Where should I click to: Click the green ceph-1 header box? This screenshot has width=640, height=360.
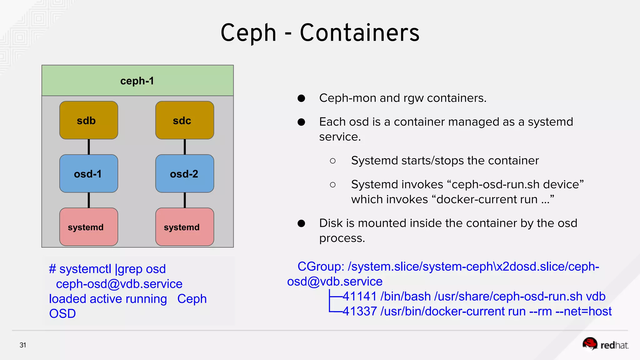click(137, 81)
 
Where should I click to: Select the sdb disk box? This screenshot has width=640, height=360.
click(89, 120)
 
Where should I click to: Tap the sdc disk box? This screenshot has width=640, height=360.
click(185, 120)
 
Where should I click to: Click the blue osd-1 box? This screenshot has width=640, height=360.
click(89, 174)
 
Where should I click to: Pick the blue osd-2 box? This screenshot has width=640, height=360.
click(185, 174)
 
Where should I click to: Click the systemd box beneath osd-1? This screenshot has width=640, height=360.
click(89, 227)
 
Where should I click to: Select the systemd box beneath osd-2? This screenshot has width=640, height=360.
click(185, 227)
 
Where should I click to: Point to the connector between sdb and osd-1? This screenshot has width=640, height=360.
click(89, 147)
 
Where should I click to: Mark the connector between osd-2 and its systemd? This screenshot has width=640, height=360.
click(185, 200)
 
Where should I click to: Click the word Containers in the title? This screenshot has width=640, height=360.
click(359, 33)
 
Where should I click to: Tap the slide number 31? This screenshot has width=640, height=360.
click(23, 345)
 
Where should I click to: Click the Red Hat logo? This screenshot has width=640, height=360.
click(605, 344)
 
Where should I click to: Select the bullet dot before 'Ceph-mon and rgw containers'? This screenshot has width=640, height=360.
click(301, 98)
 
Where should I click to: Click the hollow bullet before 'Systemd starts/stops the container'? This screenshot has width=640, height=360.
click(333, 161)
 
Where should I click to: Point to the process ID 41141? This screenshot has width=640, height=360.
click(359, 296)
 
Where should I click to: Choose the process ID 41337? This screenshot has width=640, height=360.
click(359, 311)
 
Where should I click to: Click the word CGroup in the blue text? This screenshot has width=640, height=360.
click(320, 267)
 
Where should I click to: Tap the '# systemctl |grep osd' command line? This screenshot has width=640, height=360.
click(107, 269)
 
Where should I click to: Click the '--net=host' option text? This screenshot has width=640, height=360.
click(583, 311)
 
